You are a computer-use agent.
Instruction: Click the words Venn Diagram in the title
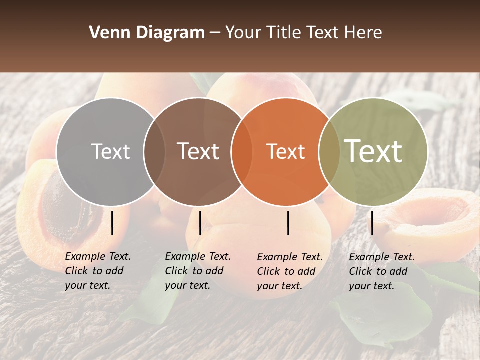tap(147, 33)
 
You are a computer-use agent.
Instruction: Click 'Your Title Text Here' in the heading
tap(303, 33)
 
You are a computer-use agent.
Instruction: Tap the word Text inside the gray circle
tap(110, 151)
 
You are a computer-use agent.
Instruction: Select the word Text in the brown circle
tap(198, 151)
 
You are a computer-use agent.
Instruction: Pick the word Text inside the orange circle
tap(285, 151)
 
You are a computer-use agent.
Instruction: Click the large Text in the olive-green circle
tap(373, 151)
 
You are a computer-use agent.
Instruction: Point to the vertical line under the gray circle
tap(112, 223)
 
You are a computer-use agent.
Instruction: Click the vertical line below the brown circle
tap(200, 223)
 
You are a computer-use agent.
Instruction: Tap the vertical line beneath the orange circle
tap(288, 223)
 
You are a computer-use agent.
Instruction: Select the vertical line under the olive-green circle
tap(372, 223)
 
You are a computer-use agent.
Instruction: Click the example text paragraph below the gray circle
tap(97, 271)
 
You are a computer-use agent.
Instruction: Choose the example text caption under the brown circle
tap(197, 271)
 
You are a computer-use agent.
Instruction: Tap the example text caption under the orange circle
tap(289, 271)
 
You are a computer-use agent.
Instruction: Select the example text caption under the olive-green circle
tap(381, 271)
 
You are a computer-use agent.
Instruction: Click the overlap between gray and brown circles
tap(154, 151)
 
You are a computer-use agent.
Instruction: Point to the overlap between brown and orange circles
tap(242, 151)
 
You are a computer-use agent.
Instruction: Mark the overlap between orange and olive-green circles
tap(329, 151)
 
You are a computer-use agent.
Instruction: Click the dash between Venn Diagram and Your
tap(215, 33)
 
